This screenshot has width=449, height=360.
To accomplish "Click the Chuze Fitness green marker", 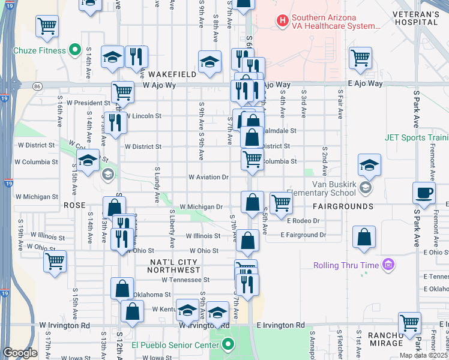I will [75, 50].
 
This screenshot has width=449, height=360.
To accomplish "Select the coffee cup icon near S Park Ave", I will [424, 193].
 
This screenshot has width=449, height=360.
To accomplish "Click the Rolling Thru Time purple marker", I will [388, 265].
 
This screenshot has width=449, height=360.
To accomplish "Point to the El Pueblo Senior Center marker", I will [228, 344].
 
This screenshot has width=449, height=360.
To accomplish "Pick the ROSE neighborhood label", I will [75, 205].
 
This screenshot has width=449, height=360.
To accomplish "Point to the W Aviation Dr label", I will [209, 177].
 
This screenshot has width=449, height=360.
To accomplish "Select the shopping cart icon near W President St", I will [122, 92].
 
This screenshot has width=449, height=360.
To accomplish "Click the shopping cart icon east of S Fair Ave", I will [360, 58].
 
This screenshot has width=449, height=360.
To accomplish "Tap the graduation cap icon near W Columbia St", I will [88, 161].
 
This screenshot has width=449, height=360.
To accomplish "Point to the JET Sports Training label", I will [417, 137].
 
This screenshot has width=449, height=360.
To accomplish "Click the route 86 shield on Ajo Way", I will [37, 86].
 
